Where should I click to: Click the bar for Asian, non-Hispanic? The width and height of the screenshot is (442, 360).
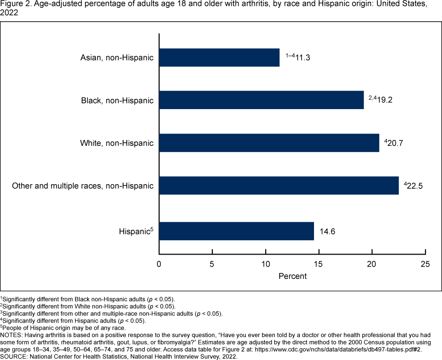click(x=219, y=58)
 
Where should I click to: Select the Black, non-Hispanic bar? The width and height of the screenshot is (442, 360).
click(x=261, y=100)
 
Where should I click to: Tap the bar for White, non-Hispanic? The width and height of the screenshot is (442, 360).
click(x=269, y=143)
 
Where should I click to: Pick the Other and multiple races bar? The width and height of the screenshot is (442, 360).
click(x=279, y=186)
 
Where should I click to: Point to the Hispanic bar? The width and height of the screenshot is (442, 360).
click(x=236, y=231)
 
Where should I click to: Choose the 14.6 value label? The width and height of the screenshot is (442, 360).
click(x=327, y=231)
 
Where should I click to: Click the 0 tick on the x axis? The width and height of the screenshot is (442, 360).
click(x=159, y=264)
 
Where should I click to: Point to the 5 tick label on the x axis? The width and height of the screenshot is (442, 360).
click(x=212, y=264)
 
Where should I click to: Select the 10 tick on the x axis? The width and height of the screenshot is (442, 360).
click(x=266, y=264)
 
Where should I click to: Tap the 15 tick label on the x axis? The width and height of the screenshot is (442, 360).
click(x=319, y=264)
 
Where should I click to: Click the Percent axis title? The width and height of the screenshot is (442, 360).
click(x=292, y=276)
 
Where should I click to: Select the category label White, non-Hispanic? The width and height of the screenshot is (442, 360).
click(x=116, y=143)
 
